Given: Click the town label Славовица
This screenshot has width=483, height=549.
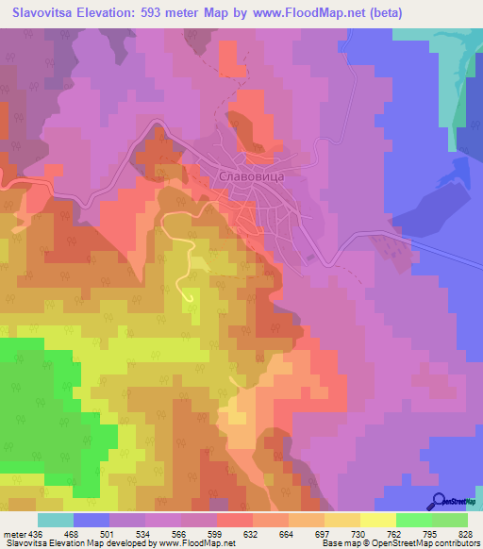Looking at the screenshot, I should click(x=251, y=175).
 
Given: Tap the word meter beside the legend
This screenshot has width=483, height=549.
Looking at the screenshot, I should click(x=12, y=533).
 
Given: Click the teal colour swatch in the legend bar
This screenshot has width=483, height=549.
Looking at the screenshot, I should click(x=56, y=520).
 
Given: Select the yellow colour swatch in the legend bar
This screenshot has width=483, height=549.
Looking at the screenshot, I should click(x=376, y=520).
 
